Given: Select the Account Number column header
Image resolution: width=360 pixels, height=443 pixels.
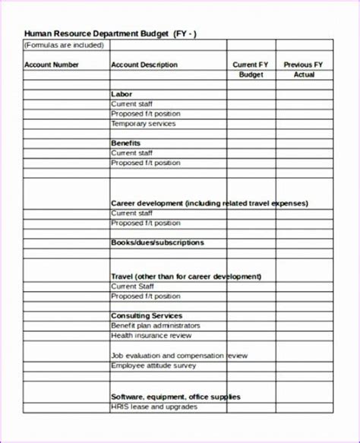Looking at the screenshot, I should point(52,65).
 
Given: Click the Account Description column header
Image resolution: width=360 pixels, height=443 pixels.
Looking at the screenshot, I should point(144,65).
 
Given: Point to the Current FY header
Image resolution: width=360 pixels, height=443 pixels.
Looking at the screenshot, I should point(250,65).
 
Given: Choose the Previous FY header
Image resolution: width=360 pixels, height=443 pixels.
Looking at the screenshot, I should point(303,65).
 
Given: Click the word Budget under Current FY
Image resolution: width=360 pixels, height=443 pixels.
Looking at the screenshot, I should point(251,74).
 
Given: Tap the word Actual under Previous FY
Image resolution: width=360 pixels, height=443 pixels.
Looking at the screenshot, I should point(304,74).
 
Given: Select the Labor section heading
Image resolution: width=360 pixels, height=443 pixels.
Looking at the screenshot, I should point(122,94).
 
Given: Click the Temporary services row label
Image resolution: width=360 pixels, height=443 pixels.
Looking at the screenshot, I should point(144,123).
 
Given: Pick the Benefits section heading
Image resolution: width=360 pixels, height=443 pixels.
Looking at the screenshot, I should point(125,143).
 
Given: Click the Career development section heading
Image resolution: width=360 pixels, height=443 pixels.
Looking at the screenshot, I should point(210,204).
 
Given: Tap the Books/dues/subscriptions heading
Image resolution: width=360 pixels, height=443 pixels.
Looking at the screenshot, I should point(157,242).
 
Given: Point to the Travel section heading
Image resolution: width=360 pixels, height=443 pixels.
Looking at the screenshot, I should point(186,277).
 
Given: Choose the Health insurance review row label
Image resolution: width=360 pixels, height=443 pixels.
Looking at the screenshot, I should point(151,335).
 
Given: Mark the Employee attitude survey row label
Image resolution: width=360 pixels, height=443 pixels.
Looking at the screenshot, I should point(153,365).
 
